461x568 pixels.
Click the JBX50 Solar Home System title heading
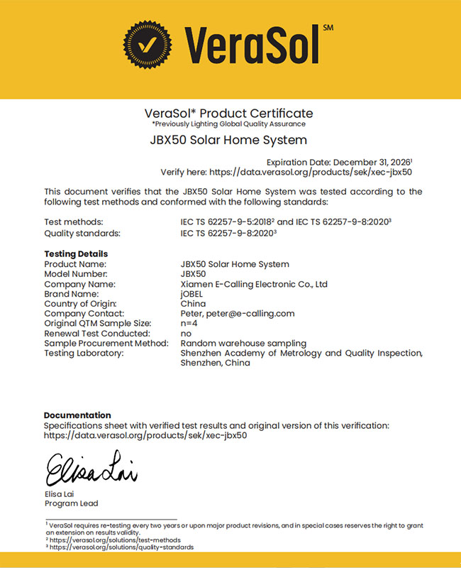(x=229, y=140)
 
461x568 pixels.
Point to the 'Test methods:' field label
(x=73, y=222)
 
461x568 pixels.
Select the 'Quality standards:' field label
(x=82, y=233)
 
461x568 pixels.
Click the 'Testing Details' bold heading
(x=76, y=253)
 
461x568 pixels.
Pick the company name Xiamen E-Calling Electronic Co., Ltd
(x=254, y=284)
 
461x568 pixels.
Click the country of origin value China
(x=193, y=304)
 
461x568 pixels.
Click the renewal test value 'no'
(x=186, y=333)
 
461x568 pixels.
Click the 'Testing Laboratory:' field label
(x=84, y=353)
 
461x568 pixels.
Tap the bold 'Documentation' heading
(x=77, y=415)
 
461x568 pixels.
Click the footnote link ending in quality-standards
(x=121, y=547)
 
